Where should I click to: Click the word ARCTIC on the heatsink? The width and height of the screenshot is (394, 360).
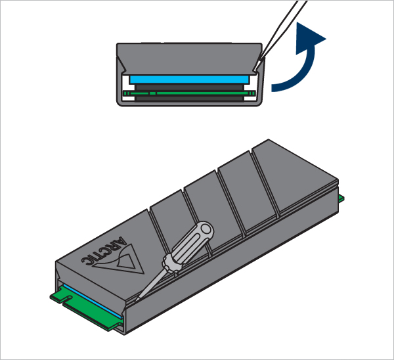pos(104,251)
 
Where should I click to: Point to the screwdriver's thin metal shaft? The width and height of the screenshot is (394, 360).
pos(151,283)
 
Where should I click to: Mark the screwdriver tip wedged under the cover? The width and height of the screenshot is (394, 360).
pos(137,298)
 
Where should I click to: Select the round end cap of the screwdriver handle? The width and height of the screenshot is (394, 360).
pos(206,229)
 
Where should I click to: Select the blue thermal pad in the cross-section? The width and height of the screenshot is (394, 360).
pos(189,79)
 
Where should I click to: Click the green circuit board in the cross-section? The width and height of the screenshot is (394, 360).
pos(189,93)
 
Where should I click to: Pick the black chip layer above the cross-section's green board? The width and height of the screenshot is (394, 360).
pos(189,87)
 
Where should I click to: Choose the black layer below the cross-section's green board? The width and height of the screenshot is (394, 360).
pos(189,99)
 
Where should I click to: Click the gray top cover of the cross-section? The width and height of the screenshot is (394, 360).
pos(189,58)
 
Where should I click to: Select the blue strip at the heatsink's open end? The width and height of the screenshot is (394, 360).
pos(93,301)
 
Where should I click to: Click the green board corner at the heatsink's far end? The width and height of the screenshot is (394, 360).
pos(341,198)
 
